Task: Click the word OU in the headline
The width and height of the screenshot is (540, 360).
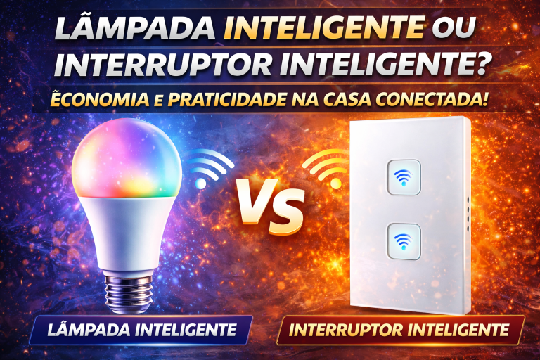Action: [454, 30]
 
